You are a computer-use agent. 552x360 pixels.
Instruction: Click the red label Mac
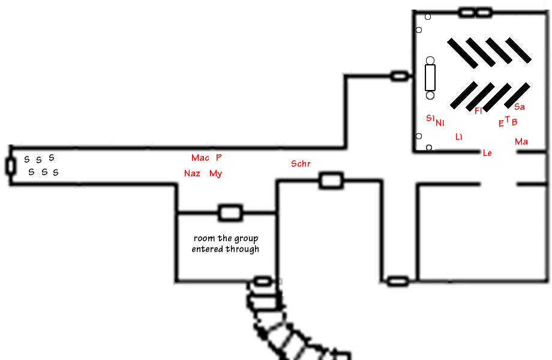click(200, 158)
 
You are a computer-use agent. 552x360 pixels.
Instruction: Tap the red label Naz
click(192, 173)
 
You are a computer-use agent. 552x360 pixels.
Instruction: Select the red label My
click(215, 173)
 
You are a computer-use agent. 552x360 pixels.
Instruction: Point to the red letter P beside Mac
click(218, 157)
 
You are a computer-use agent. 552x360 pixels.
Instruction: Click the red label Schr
click(301, 164)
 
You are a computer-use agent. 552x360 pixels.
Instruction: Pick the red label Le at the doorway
click(487, 153)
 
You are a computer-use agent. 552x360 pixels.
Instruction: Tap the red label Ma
click(521, 142)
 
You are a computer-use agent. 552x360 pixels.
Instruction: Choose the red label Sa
click(519, 107)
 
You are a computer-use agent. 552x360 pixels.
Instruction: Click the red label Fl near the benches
click(478, 111)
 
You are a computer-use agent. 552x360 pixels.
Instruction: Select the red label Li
click(459, 137)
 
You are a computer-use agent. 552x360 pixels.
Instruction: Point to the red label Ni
click(440, 123)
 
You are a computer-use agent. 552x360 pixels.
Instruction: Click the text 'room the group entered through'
click(226, 244)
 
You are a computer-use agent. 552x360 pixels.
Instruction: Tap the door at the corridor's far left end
click(11, 166)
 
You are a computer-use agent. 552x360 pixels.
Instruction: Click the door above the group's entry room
click(230, 213)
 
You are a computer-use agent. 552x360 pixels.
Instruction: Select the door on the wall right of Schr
click(331, 181)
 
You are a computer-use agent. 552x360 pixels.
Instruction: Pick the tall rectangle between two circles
click(430, 78)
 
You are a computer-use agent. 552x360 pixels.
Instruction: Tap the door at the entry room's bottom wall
click(263, 281)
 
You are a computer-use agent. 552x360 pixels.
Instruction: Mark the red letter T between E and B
click(507, 119)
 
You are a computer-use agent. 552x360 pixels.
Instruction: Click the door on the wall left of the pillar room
click(400, 76)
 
